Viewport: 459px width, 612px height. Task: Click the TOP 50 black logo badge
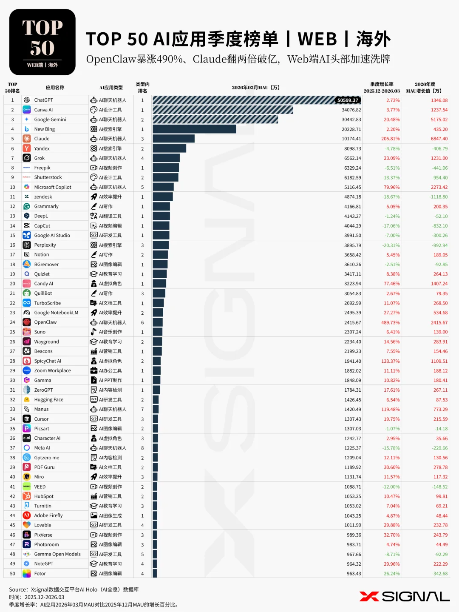click(x=42, y=42)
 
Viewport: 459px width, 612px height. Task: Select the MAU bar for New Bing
click(x=194, y=129)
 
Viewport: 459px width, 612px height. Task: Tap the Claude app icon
click(x=27, y=139)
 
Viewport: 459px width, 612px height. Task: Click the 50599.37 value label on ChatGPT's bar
click(x=348, y=100)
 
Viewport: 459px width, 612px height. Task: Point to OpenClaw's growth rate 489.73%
click(x=390, y=322)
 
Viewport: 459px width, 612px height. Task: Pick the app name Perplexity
click(x=45, y=245)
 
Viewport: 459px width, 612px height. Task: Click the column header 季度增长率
click(x=382, y=84)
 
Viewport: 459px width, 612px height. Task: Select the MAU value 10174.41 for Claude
click(x=351, y=139)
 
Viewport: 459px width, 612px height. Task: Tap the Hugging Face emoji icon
click(x=27, y=399)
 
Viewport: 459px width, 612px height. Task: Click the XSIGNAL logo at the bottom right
click(x=404, y=596)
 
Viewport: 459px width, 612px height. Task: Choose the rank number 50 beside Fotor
click(x=12, y=574)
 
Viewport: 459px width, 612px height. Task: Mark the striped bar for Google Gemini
click(x=215, y=120)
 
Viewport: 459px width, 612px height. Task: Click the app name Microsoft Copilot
click(x=53, y=187)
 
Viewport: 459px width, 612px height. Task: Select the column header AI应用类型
click(x=111, y=88)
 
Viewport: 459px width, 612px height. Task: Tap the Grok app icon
click(x=27, y=158)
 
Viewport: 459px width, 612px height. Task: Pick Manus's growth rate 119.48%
click(x=390, y=409)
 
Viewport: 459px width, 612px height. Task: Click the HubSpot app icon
click(x=27, y=496)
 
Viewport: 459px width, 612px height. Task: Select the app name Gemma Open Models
click(x=57, y=554)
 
